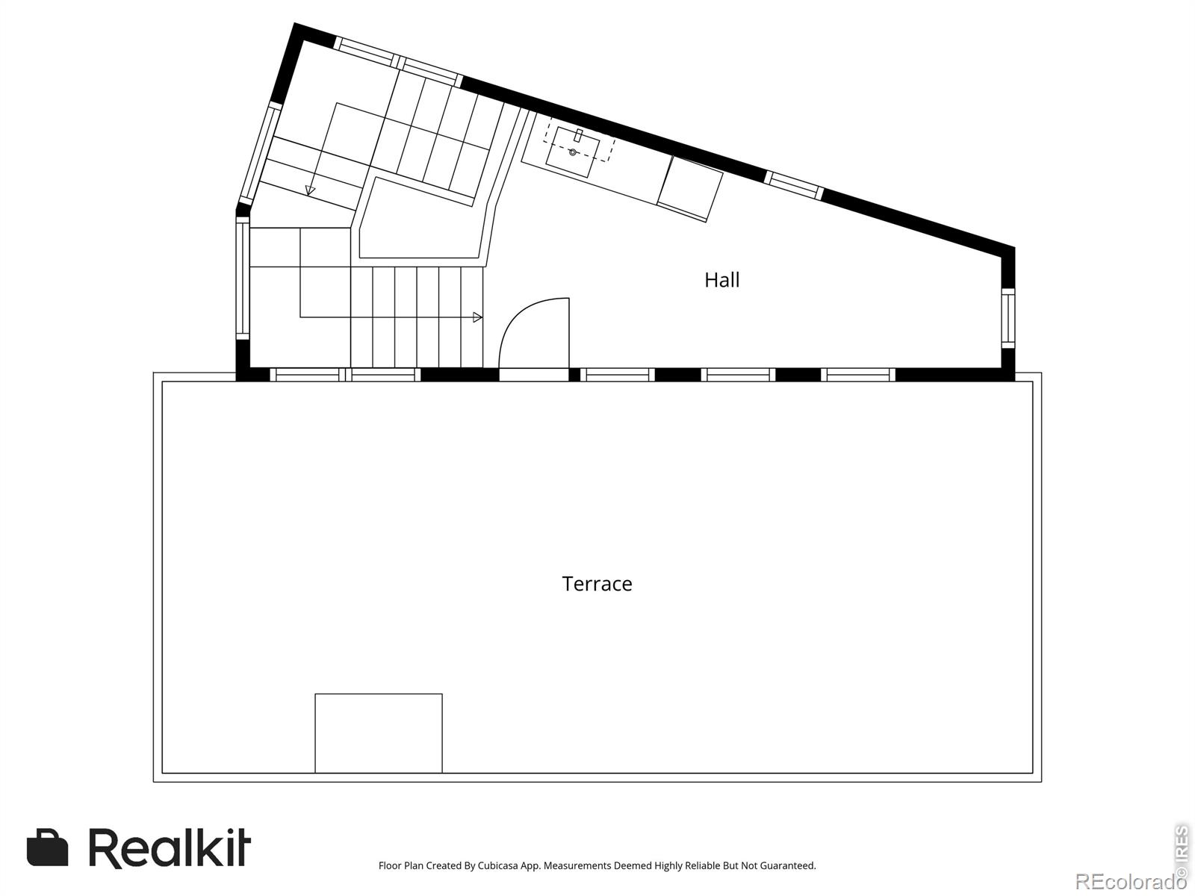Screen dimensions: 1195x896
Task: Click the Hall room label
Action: (722, 280)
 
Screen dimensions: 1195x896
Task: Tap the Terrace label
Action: (597, 584)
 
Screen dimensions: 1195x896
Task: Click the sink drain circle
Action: (572, 152)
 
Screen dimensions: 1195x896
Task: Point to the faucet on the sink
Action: (578, 135)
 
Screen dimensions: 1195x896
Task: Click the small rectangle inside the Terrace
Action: (379, 732)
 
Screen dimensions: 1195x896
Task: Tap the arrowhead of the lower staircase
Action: (477, 317)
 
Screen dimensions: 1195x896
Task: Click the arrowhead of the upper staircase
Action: (310, 190)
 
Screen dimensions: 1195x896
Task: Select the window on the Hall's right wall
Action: (1008, 318)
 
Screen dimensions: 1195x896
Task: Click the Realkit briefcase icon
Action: (47, 847)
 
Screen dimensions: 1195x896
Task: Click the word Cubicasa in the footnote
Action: (497, 865)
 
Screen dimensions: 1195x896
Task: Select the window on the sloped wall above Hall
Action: (795, 185)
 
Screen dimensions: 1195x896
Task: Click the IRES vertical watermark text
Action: (1182, 851)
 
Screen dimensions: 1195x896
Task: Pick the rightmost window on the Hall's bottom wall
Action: (858, 375)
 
